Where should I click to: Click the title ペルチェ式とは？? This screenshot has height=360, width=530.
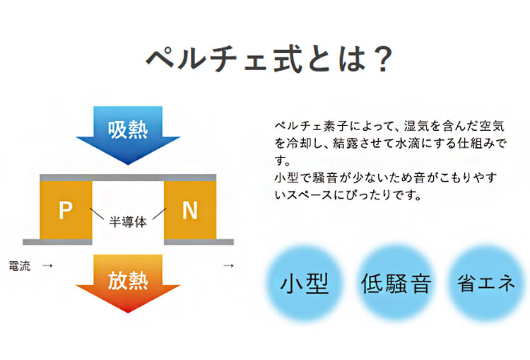[269, 59]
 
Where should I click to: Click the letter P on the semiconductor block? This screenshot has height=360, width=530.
[66, 211]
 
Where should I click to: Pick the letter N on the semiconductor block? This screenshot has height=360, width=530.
[190, 211]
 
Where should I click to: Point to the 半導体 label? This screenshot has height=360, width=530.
[128, 222]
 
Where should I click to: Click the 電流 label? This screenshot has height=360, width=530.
[20, 266]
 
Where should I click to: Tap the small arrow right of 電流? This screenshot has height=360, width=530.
[47, 266]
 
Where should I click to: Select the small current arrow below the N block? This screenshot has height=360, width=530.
[228, 266]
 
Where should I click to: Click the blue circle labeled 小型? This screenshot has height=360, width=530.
[305, 283]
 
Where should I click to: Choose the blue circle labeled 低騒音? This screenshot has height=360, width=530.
[396, 283]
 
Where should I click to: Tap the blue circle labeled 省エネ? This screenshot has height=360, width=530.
[486, 283]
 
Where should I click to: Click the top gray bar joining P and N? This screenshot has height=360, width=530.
[128, 178]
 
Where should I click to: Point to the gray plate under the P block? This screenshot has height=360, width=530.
[57, 242]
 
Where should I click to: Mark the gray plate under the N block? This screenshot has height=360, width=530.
[199, 242]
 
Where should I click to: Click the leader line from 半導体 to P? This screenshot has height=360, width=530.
[97, 214]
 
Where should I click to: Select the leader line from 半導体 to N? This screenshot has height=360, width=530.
[159, 214]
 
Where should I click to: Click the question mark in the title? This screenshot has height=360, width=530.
[383, 59]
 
